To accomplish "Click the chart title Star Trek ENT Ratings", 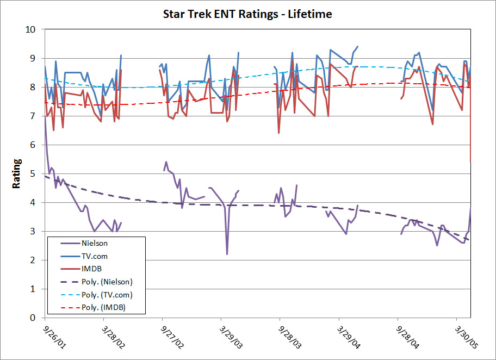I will pyautogui.click(x=247, y=14).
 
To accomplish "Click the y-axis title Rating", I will pyautogui.click(x=17, y=173).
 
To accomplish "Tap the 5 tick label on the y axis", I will pyautogui.click(x=33, y=173).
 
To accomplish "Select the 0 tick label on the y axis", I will pyautogui.click(x=33, y=318).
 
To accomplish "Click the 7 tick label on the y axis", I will pyautogui.click(x=33, y=116).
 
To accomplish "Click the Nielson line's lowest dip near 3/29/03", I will pyautogui.click(x=227, y=254).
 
